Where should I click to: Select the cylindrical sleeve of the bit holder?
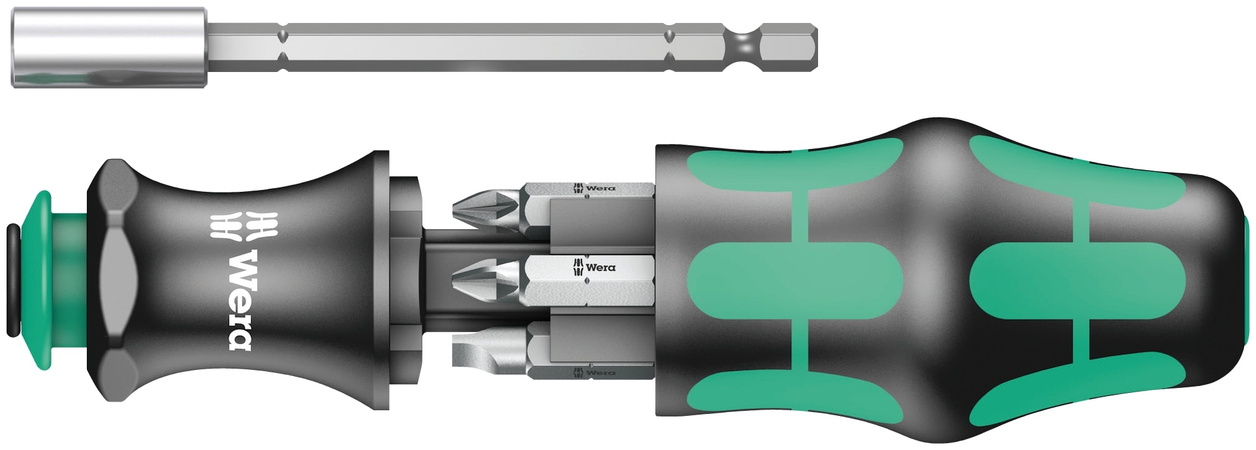(109, 48)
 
